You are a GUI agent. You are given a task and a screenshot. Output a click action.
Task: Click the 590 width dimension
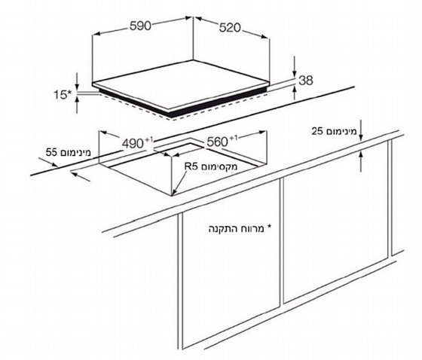[140, 26]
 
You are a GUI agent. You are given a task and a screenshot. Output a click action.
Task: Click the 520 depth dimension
[230, 28]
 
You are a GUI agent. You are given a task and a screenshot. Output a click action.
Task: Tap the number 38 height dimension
[306, 80]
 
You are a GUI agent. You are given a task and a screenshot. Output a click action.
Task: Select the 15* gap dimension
[63, 94]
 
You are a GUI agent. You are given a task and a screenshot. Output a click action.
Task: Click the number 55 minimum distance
[51, 152]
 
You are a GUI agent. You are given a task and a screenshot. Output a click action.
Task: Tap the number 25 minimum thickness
[317, 131]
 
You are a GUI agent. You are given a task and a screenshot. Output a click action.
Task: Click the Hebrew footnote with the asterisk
[240, 229]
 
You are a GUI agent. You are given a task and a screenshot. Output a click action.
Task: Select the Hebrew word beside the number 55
[75, 153]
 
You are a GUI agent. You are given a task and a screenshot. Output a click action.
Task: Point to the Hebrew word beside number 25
[341, 132]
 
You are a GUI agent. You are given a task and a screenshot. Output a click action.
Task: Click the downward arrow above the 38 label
[295, 67]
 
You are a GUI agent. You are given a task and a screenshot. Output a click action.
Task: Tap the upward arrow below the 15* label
[78, 105]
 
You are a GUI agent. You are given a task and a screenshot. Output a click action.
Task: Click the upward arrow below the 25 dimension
[361, 161]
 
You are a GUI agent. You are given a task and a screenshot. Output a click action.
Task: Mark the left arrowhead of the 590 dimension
[96, 34]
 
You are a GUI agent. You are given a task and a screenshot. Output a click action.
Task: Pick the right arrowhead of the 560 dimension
[263, 132]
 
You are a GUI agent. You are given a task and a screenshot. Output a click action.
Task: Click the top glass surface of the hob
[181, 84]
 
